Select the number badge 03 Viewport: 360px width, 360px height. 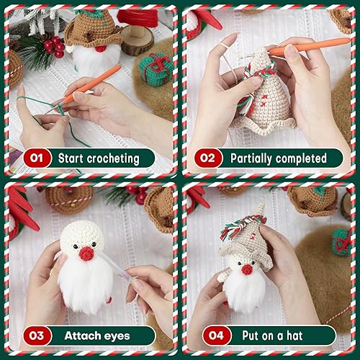[37, 336]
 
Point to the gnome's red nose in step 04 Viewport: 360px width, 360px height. [246, 269]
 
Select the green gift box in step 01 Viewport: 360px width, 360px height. [154, 68]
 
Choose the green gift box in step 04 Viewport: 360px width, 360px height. [341, 241]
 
